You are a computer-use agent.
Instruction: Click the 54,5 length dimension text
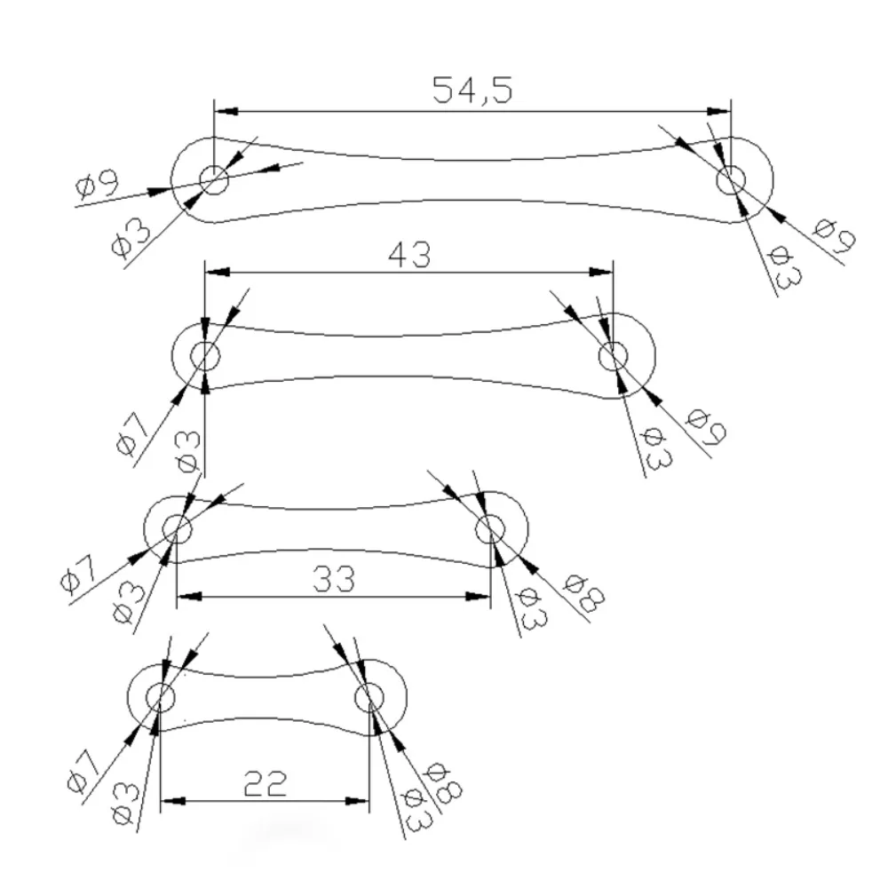pyautogui.click(x=472, y=91)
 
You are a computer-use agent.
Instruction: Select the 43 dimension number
pyautogui.click(x=409, y=255)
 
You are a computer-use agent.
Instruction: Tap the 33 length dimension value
pyautogui.click(x=334, y=579)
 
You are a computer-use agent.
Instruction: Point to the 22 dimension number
pyautogui.click(x=265, y=784)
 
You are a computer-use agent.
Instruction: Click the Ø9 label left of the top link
pyautogui.click(x=98, y=184)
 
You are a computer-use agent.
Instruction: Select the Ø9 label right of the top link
pyautogui.click(x=834, y=235)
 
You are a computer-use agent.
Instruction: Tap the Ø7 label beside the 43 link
pyautogui.click(x=132, y=435)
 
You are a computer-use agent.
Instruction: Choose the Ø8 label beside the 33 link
pyautogui.click(x=584, y=593)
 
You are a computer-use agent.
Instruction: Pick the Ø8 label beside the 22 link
pyautogui.click(x=443, y=783)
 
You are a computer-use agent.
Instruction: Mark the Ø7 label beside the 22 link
pyautogui.click(x=83, y=771)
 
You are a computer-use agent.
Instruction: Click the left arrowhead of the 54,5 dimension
pyautogui.click(x=226, y=112)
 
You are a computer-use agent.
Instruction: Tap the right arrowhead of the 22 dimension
pyautogui.click(x=357, y=801)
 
